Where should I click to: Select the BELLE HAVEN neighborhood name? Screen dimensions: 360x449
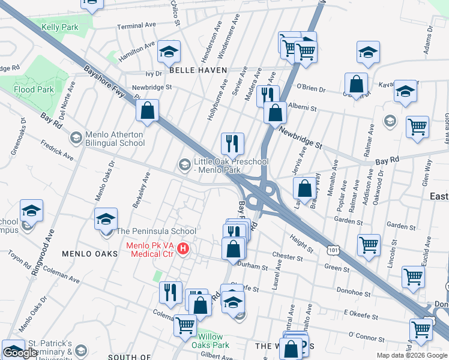coord(198,70)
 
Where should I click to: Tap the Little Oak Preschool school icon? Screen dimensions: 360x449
coord(184,164)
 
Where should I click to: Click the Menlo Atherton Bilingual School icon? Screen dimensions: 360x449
coord(76,139)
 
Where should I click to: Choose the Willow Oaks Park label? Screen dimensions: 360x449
coord(210,341)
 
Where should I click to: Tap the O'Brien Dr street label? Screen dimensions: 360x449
coord(310,88)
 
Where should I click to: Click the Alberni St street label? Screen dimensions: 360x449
coord(302,108)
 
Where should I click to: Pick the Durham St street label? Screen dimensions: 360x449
coord(253,266)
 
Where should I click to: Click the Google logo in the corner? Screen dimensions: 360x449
coord(20,353)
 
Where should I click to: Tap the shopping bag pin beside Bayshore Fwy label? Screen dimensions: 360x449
coord(147,110)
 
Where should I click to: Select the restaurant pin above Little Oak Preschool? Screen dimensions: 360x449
coord(232,143)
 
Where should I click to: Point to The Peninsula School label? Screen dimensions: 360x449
coord(156,231)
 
